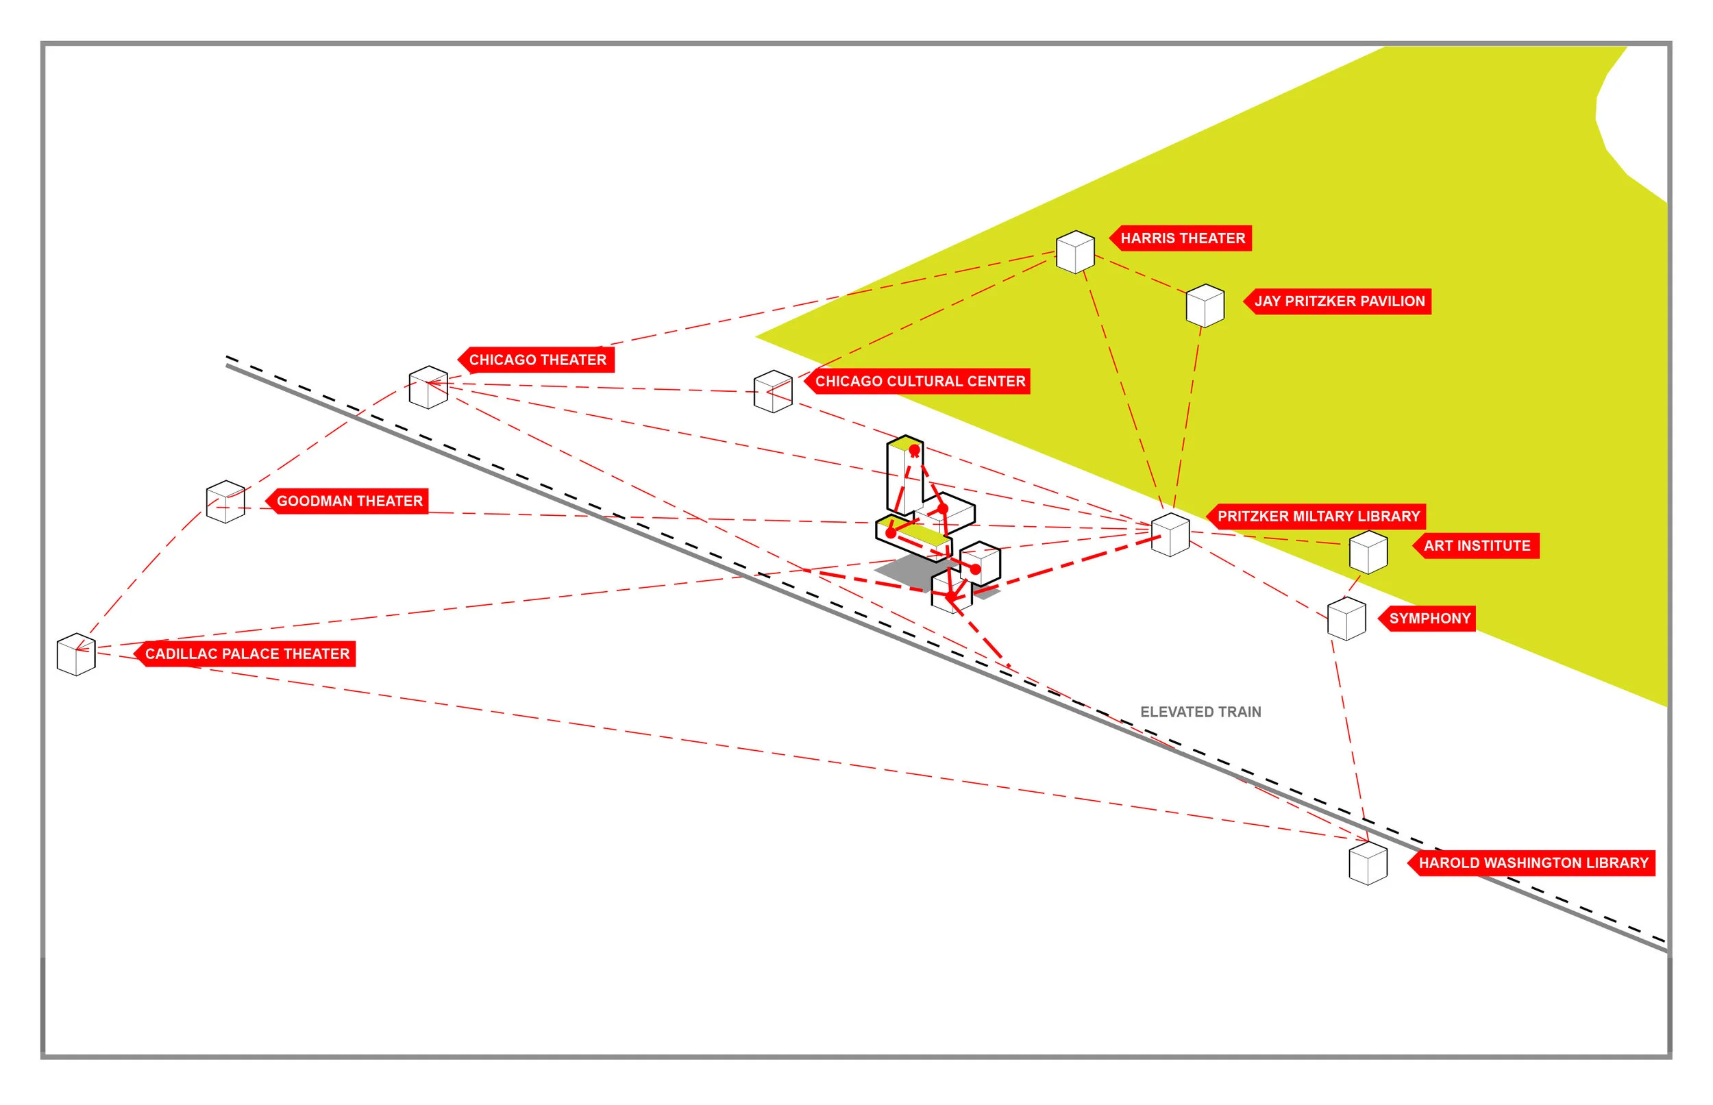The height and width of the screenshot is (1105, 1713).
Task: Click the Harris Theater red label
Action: (1182, 238)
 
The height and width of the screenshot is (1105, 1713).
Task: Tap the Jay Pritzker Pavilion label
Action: (1338, 301)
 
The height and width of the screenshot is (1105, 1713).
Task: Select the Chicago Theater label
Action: (537, 360)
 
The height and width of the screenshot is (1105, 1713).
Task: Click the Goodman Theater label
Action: (349, 501)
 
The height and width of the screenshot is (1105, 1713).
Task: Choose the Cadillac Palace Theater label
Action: (246, 654)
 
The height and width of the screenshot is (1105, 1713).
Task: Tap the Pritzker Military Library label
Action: (1318, 516)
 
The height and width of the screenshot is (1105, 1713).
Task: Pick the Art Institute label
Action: (1476, 545)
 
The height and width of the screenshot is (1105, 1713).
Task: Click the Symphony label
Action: (1429, 618)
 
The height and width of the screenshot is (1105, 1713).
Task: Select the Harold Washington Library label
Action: (1533, 862)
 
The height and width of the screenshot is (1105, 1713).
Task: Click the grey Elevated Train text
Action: (1200, 712)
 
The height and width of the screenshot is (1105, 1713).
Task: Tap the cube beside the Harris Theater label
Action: (1075, 252)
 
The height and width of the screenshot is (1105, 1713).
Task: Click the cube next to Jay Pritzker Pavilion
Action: (1205, 306)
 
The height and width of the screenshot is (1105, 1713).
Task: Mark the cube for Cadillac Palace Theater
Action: (76, 654)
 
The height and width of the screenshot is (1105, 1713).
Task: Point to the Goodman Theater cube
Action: (225, 501)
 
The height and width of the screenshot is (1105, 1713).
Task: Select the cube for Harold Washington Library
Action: (1368, 863)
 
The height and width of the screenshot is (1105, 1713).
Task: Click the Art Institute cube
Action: (1368, 551)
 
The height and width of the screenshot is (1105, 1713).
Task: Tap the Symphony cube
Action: (1346, 619)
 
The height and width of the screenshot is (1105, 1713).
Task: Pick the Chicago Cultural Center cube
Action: (773, 391)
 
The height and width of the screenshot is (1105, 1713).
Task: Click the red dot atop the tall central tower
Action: (914, 450)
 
